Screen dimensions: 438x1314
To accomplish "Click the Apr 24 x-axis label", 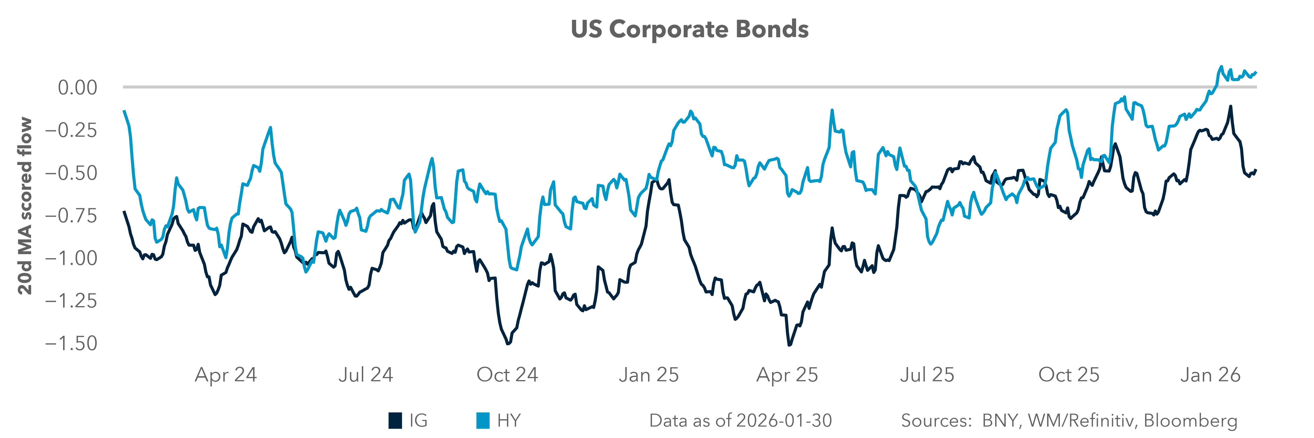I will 226,375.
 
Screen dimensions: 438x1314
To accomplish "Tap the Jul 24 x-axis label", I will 366,375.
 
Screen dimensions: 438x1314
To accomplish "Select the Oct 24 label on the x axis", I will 507,375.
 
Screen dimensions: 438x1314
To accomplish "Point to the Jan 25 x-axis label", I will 649,375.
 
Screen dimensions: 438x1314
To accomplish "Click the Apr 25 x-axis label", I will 787,375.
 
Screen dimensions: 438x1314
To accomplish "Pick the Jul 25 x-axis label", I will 927,375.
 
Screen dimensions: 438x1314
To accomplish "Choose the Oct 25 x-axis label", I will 1069,375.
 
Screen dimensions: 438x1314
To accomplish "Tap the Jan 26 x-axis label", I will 1210,375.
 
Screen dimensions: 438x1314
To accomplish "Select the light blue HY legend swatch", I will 483,421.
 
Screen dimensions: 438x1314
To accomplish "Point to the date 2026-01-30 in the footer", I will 784,421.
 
